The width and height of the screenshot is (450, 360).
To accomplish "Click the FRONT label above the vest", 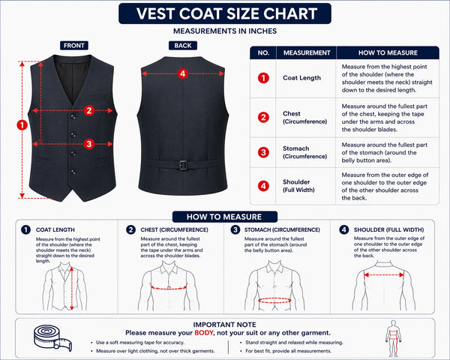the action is tap(74, 45).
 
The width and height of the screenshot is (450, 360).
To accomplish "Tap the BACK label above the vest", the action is tap(183, 45).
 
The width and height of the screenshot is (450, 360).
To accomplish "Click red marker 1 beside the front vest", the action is tap(22, 125).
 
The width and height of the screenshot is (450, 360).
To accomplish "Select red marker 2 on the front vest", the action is tap(89, 110).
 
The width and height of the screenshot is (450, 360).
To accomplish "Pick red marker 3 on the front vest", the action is tap(89, 143).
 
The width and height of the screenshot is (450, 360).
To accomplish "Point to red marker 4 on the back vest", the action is tap(183, 73).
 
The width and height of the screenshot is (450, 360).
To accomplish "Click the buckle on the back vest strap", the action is tap(183, 165).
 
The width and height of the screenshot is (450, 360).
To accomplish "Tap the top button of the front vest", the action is tap(73, 116).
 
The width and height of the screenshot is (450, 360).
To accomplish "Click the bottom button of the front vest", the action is tap(73, 172).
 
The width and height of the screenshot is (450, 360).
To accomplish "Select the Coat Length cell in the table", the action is tap(302, 78).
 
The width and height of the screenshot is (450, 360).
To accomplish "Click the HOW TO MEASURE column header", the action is tap(388, 52).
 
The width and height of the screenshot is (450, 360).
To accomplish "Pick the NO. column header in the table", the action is tap(263, 52).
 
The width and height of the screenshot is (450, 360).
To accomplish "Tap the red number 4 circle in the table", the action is tap(263, 186).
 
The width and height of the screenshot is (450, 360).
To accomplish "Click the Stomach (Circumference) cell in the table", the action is tap(304, 152).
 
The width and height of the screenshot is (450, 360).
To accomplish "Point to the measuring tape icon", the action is tap(52, 338).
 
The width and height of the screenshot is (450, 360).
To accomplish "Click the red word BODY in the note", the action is tap(204, 333).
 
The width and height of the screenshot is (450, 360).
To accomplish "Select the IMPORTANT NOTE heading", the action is tap(224, 325).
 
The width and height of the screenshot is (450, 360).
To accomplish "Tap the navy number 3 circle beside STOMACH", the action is tap(235, 229).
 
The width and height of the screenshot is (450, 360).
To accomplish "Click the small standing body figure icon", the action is tap(393, 338).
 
